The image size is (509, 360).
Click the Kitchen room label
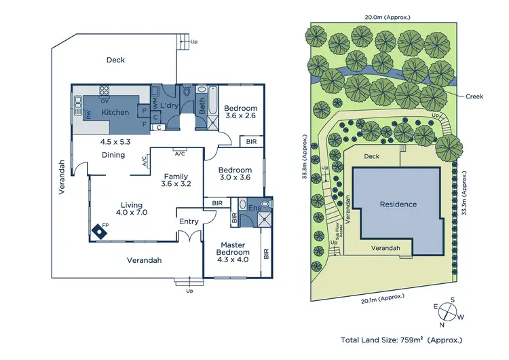[115, 111]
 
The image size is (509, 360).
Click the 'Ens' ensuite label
[254, 208]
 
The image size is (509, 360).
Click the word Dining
[113, 155]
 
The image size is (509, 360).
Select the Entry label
[189, 221]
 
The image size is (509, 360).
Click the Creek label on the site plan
[474, 96]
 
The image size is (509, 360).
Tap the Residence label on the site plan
[398, 204]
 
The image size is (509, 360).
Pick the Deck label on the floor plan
[115, 60]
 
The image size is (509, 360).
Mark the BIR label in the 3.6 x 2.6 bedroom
[251, 141]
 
